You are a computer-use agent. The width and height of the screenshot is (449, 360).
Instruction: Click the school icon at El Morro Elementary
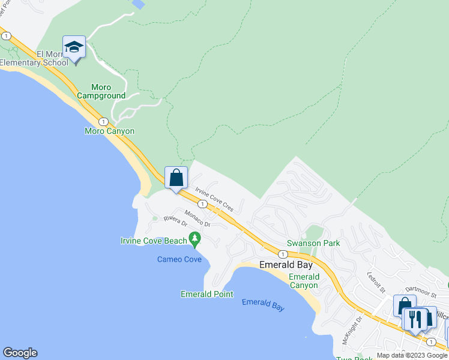(74, 47)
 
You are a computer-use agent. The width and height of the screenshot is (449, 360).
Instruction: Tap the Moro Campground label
(100, 91)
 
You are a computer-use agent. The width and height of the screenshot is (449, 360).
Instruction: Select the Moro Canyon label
(109, 131)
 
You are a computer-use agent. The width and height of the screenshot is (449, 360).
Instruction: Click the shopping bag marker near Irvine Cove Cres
(176, 178)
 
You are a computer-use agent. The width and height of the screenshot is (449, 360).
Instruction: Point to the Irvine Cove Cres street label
(214, 199)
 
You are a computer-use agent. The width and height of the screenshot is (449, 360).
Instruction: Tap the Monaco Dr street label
(197, 219)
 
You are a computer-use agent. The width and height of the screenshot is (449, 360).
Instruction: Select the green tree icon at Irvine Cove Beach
(194, 240)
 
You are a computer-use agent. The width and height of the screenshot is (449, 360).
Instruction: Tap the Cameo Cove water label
(179, 259)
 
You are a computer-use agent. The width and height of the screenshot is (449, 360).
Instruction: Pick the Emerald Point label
(206, 294)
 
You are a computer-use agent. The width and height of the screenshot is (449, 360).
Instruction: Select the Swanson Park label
(313, 243)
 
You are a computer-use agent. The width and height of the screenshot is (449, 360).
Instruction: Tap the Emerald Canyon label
(304, 281)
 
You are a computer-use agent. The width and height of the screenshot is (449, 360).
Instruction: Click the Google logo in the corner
(20, 353)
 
